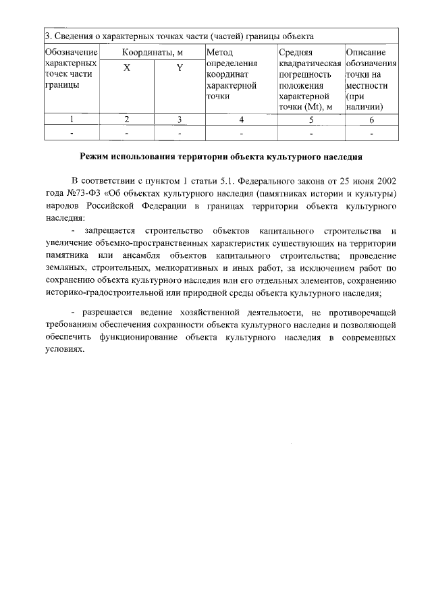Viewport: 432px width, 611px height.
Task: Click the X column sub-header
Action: [127, 68]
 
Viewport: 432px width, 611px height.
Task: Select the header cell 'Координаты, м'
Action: [153, 52]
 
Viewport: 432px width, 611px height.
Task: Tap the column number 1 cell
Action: [72, 119]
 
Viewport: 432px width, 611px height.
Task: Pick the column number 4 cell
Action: [240, 119]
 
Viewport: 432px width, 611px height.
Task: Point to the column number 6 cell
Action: [371, 119]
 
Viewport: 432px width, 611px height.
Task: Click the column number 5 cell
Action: [310, 119]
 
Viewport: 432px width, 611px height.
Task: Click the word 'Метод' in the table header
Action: [221, 52]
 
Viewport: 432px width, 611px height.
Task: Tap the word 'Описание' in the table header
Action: [367, 52]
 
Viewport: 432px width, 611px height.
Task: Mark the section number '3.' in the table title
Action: [48, 36]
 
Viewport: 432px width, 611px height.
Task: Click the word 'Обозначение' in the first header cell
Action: [72, 52]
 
